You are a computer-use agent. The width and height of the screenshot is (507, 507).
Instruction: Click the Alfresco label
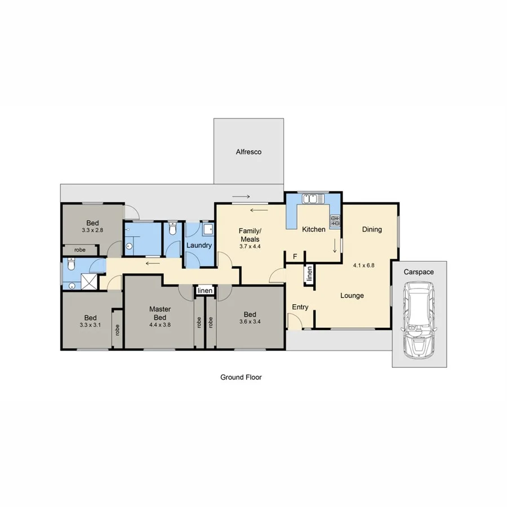[x=248, y=152]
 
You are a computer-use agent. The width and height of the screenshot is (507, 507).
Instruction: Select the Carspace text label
[x=419, y=272]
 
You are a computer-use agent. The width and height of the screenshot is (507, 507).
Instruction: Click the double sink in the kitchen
[x=312, y=198]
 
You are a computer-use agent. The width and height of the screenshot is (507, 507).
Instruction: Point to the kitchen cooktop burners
[x=335, y=220]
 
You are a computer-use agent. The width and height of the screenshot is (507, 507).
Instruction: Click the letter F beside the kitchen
[x=295, y=257]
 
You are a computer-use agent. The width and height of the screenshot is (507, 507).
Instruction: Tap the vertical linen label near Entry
[x=309, y=274]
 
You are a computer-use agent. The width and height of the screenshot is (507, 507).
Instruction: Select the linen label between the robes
[x=205, y=291]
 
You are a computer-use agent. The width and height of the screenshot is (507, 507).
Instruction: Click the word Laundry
[x=199, y=246]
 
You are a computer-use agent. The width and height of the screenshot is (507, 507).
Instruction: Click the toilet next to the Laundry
[x=172, y=230]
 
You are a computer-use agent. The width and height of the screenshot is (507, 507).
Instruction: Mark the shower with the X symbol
[x=88, y=281]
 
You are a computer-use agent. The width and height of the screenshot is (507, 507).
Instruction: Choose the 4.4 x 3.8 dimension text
[x=160, y=324]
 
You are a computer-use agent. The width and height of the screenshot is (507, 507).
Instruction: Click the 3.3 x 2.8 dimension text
[x=93, y=230]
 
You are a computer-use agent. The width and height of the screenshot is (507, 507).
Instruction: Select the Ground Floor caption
[x=241, y=377]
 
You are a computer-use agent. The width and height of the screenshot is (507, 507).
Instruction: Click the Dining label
[x=372, y=229]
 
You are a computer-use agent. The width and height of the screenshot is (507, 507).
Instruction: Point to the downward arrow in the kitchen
[x=335, y=246]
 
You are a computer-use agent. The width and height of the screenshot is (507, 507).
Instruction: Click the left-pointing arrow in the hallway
[x=151, y=263]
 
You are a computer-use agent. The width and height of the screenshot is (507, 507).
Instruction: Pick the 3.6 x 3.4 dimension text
[x=250, y=322]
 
